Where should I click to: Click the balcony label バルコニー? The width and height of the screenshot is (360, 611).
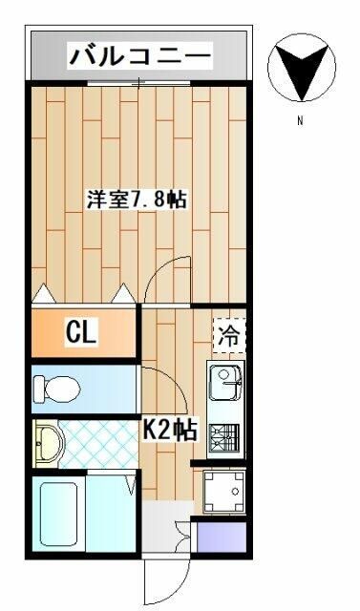tap(139, 56)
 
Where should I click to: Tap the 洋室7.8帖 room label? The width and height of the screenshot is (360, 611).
tap(137, 200)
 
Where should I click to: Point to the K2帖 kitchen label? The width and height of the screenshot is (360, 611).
tap(170, 431)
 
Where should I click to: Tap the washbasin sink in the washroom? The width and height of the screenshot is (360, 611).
tap(48, 443)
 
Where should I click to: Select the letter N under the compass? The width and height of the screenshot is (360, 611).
tap(299, 121)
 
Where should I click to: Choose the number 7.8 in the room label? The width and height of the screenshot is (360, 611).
tap(155, 200)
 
